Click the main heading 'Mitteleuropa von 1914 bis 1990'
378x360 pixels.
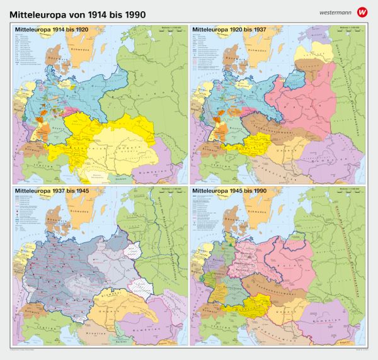coord(82,13)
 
